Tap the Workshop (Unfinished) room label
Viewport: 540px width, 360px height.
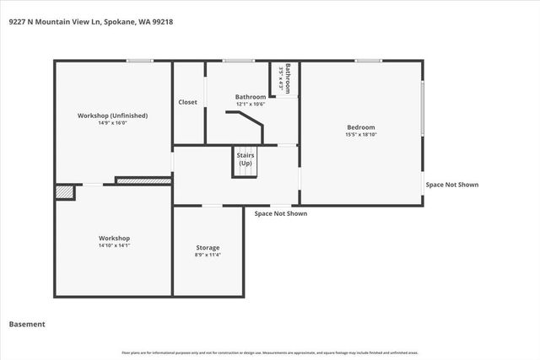point(112,116)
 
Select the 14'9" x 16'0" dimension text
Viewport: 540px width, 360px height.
point(112,123)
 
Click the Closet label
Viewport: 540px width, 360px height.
point(187,102)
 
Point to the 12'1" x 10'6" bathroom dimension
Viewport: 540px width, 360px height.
point(251,104)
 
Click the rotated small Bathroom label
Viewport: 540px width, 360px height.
point(288,77)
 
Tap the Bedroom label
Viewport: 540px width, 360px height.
point(360,127)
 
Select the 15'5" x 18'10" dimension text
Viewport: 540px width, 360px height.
point(360,135)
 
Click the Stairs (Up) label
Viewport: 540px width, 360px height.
point(245,159)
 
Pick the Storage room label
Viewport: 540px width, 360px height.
point(208,247)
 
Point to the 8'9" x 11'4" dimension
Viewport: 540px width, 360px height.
point(208,255)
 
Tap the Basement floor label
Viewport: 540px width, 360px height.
point(27,324)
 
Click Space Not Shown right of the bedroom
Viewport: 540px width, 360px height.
point(452,184)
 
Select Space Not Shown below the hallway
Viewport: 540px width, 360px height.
point(281,213)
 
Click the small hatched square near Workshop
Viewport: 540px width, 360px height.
point(64,192)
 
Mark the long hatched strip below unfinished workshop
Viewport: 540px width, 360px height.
point(143,180)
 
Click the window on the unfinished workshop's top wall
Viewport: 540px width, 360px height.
point(139,60)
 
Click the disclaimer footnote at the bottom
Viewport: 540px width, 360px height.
point(270,352)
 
